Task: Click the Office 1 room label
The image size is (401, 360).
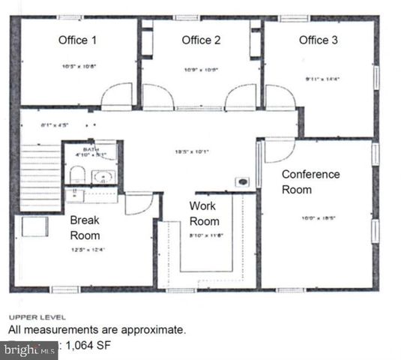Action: (x=77, y=40)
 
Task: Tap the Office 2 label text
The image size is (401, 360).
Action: (x=201, y=40)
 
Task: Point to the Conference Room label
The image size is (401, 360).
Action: (x=310, y=181)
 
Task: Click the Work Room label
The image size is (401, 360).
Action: (x=204, y=213)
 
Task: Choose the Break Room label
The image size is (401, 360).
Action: (x=85, y=227)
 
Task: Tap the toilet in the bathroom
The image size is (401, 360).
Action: (x=76, y=175)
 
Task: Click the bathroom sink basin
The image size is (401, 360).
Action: (x=103, y=178)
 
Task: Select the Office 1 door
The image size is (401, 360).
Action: (x=117, y=96)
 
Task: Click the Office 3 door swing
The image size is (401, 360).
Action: (x=279, y=97)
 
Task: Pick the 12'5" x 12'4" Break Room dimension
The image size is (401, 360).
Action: (x=87, y=250)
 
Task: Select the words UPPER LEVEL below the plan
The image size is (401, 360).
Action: (x=32, y=316)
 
